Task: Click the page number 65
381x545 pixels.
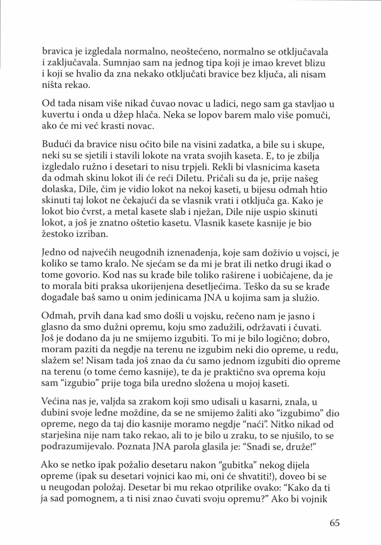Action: [335, 523]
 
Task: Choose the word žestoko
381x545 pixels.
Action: [57, 235]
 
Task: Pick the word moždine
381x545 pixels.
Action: [141, 413]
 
